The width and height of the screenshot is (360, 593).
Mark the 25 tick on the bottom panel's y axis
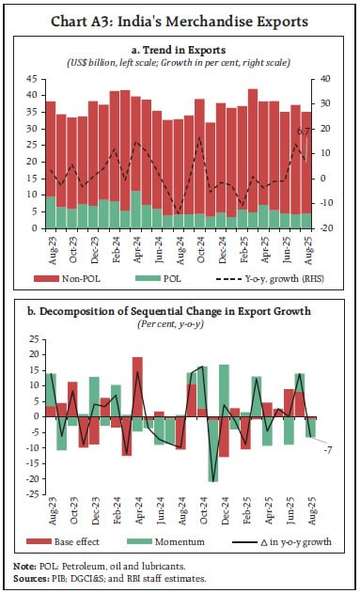click(32, 338)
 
